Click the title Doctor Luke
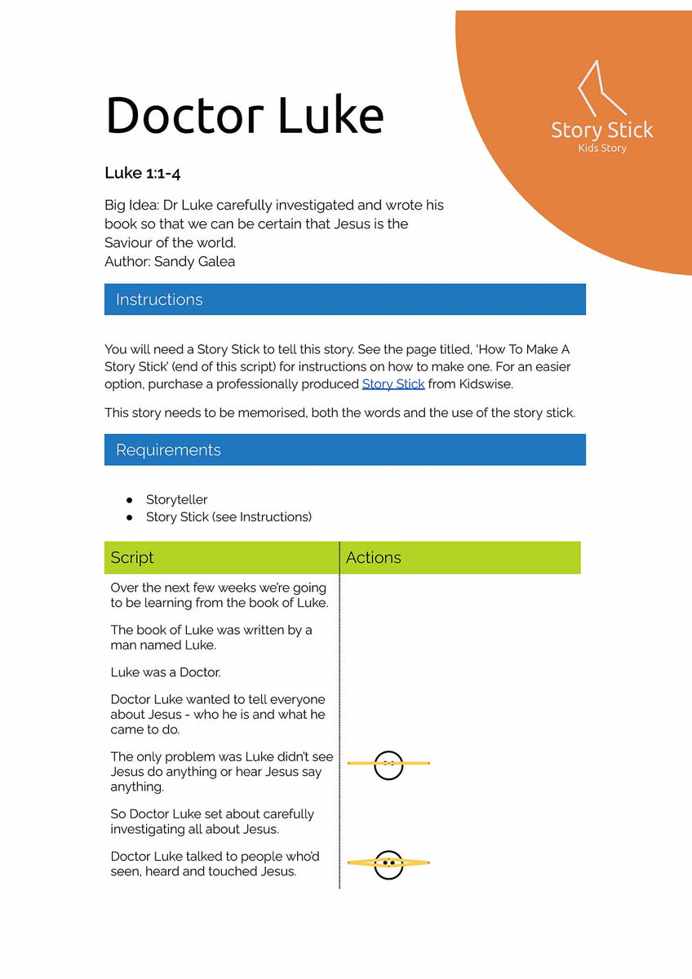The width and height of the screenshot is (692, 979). coord(244,115)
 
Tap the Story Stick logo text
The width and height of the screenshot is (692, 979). coord(601,131)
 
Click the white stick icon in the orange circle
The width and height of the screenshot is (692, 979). coord(600,87)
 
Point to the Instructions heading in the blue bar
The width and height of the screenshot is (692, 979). coord(159,299)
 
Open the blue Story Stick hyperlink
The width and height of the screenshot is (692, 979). coord(393,383)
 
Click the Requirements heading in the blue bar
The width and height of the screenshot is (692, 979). coord(168,450)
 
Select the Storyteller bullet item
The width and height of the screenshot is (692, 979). coord(176,499)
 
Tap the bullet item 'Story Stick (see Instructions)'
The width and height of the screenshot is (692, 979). coord(228,516)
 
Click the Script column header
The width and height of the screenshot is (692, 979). coord(132,557)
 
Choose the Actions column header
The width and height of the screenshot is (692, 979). coord(373,557)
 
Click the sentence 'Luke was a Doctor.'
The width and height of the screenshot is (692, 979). coord(166,672)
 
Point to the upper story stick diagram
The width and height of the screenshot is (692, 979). coord(388,764)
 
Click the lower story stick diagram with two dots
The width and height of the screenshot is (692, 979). coord(388,862)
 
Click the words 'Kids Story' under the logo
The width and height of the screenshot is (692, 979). coord(601,148)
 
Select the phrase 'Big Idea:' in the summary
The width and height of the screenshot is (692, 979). coord(132,205)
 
